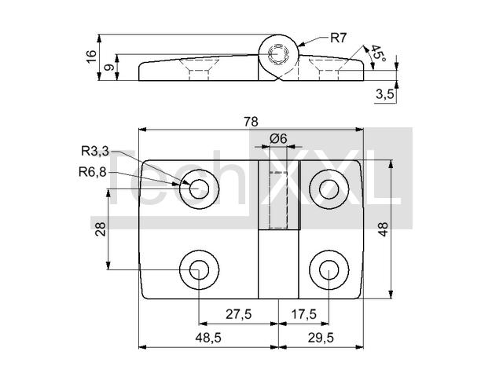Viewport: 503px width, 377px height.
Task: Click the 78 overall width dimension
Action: click(251, 122)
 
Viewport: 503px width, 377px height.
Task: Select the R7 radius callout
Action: click(339, 38)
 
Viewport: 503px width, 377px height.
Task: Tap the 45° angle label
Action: click(378, 53)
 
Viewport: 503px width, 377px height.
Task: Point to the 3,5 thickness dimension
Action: click(384, 94)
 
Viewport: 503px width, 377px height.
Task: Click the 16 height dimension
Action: click(91, 57)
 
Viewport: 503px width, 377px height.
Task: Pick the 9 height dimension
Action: click(110, 68)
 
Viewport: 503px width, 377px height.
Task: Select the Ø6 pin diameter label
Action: click(278, 139)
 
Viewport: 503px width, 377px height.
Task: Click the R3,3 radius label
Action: click(95, 151)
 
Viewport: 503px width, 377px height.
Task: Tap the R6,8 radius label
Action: click(93, 172)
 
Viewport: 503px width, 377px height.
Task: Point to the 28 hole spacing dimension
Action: click(101, 229)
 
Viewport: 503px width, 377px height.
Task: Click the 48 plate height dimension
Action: click(383, 229)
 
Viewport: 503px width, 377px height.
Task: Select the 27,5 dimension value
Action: click(239, 314)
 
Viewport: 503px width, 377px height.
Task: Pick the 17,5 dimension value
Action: click(304, 314)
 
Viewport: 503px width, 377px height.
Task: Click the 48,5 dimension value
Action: click(208, 338)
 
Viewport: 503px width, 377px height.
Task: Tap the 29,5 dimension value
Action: click(321, 338)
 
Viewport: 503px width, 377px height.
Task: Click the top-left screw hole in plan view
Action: click(199, 189)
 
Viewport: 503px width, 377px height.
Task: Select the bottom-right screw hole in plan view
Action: click(329, 269)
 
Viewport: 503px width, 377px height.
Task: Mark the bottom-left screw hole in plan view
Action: click(199, 269)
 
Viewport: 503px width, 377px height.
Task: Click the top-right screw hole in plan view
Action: click(329, 189)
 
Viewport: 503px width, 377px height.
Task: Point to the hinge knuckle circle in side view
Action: click(278, 35)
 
